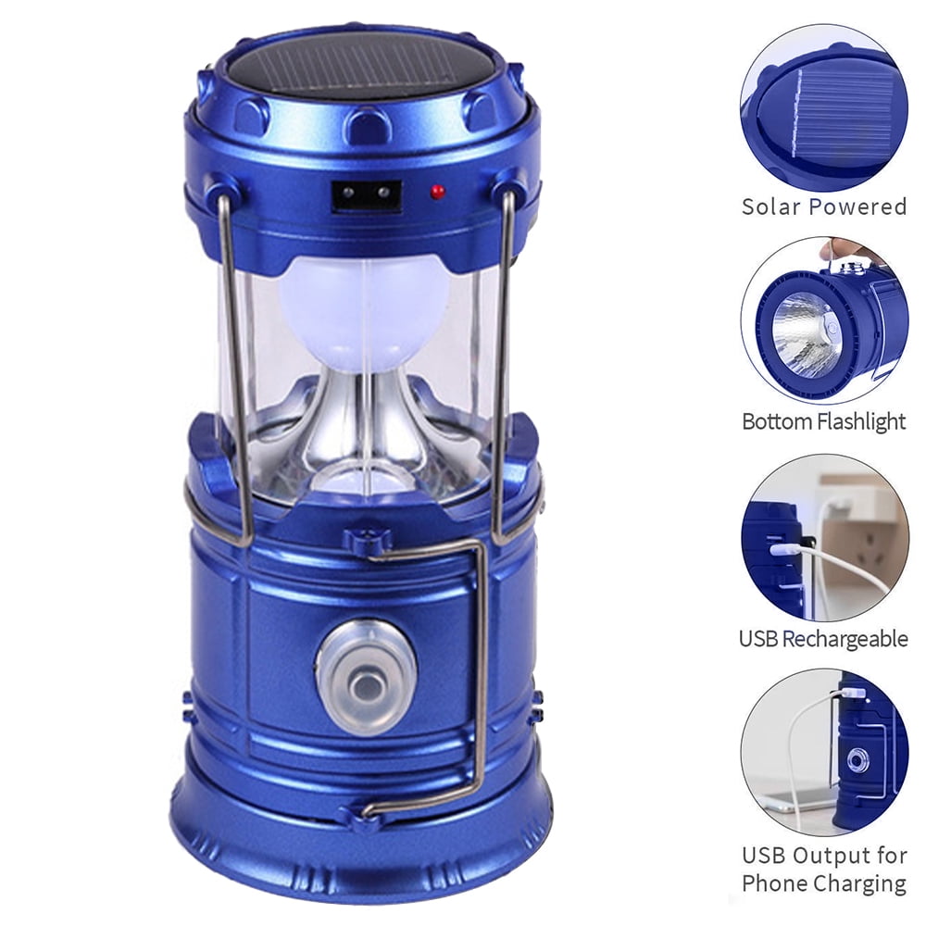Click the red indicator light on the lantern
[438, 192]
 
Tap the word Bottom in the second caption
[779, 421]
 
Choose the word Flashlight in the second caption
[862, 421]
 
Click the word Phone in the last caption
[773, 883]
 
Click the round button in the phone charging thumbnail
[857, 760]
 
